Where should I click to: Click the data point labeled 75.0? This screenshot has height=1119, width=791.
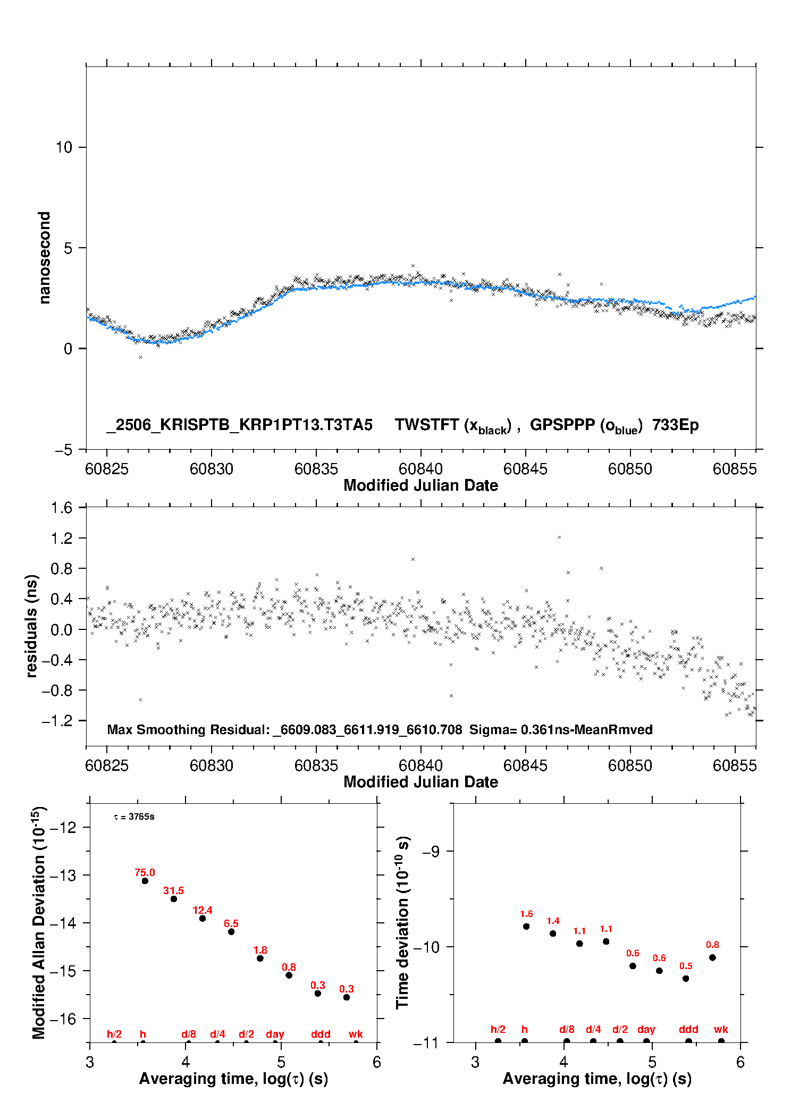point(145,881)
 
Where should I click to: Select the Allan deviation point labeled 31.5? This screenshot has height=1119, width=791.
point(173,899)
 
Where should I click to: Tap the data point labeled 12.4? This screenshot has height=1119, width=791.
point(203,919)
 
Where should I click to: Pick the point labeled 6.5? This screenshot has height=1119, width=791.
point(231,932)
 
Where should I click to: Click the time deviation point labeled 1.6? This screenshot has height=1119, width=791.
point(526,927)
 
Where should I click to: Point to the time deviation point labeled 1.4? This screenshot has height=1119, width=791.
point(553,933)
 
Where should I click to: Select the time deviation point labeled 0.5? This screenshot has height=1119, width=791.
point(686,979)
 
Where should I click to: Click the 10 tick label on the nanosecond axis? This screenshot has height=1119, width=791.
point(64,147)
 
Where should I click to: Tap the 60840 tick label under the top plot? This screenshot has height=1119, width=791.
point(420,469)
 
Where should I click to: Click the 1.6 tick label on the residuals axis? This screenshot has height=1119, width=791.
point(62,508)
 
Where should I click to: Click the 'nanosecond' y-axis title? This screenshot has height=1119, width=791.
point(44,258)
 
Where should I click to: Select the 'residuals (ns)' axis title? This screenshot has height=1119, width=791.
point(31,626)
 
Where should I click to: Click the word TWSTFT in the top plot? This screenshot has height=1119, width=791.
point(427,425)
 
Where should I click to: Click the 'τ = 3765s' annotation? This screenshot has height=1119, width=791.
point(134,817)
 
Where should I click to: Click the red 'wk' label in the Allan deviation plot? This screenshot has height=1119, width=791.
point(356,1034)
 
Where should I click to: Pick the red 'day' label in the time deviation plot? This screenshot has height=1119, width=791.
point(646,1030)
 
